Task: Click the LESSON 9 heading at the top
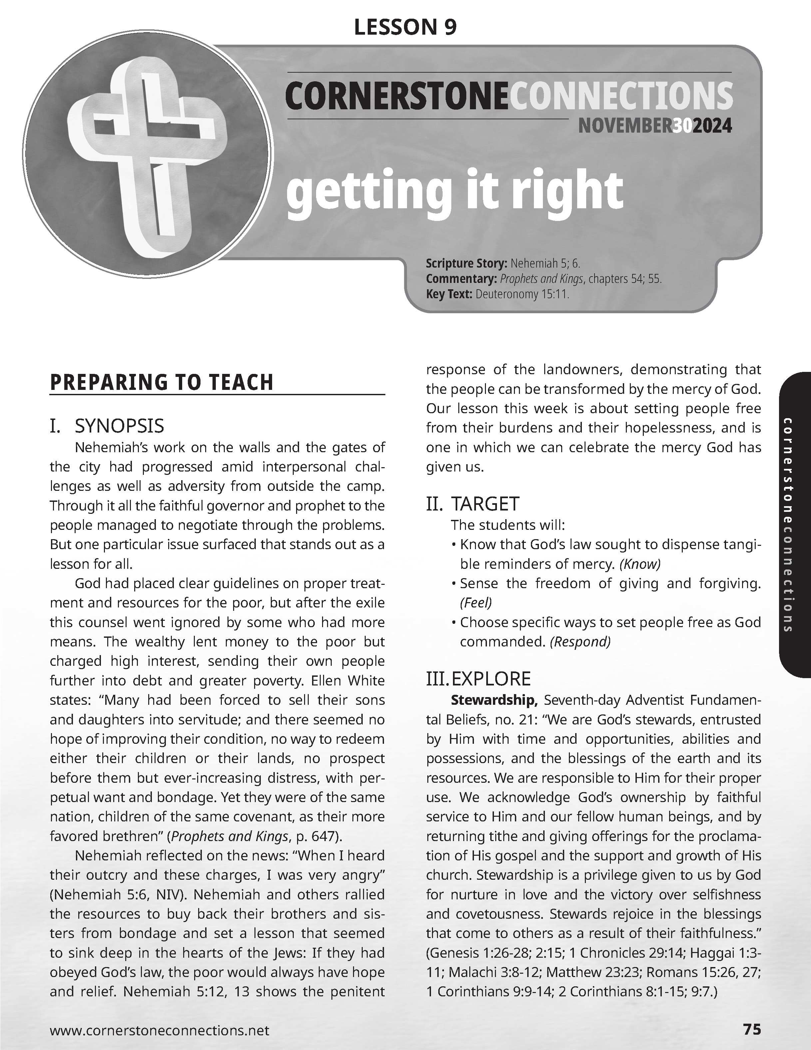click(405, 27)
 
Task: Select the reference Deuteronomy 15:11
click(522, 294)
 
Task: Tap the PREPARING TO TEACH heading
click(162, 382)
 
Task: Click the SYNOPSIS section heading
click(119, 426)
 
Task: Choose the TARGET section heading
click(485, 504)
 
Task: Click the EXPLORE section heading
click(491, 678)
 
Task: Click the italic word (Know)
click(640, 564)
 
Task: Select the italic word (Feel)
click(476, 602)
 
